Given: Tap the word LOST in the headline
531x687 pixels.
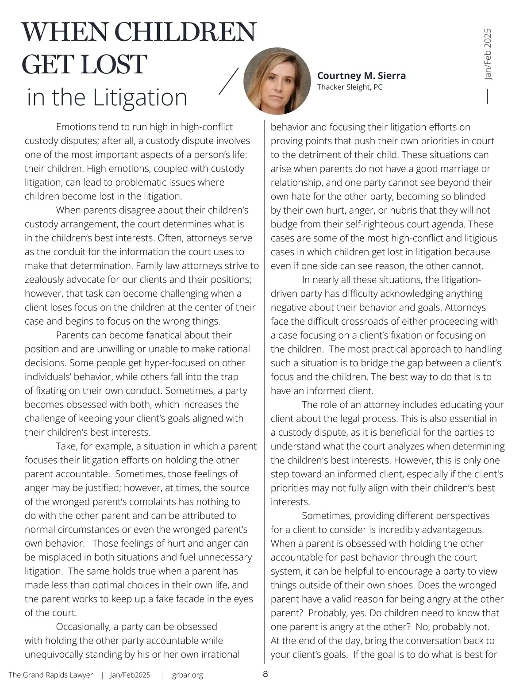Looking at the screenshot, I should coord(114,65).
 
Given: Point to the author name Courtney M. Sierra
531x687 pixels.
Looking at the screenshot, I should coord(361,76).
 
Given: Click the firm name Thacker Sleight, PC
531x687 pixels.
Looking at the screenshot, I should coord(350,87).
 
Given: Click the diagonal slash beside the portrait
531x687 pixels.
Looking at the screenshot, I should coord(229,81).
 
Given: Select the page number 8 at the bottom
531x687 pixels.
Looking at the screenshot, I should coord(265,674).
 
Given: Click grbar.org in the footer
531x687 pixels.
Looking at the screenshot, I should coord(187,675).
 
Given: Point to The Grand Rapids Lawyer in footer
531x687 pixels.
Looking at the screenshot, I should coord(51,675).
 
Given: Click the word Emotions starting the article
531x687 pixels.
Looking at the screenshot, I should coord(76,127).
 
